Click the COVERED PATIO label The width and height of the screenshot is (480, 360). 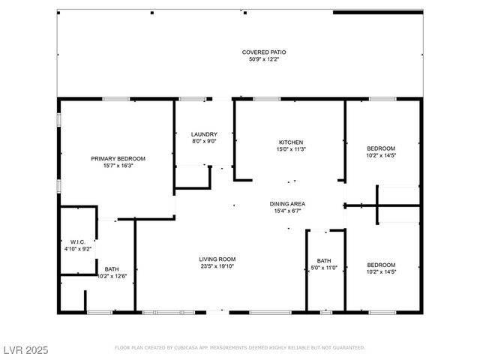263,52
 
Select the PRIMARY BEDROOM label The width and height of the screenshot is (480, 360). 118,158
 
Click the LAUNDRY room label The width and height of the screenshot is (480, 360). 204,133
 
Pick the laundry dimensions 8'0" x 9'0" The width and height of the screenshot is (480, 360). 204,140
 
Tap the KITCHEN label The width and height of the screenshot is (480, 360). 291,142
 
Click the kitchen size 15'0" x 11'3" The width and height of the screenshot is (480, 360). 291,148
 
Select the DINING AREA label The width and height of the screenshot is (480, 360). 287,203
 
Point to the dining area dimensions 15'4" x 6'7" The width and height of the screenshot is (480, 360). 287,210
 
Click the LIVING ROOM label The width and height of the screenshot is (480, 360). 217,259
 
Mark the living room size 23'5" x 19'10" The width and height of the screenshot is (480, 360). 217,265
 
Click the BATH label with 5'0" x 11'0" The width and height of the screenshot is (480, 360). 324,261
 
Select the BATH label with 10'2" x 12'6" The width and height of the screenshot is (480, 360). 111,268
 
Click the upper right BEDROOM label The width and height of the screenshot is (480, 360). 381,148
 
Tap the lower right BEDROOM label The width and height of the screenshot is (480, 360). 381,265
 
